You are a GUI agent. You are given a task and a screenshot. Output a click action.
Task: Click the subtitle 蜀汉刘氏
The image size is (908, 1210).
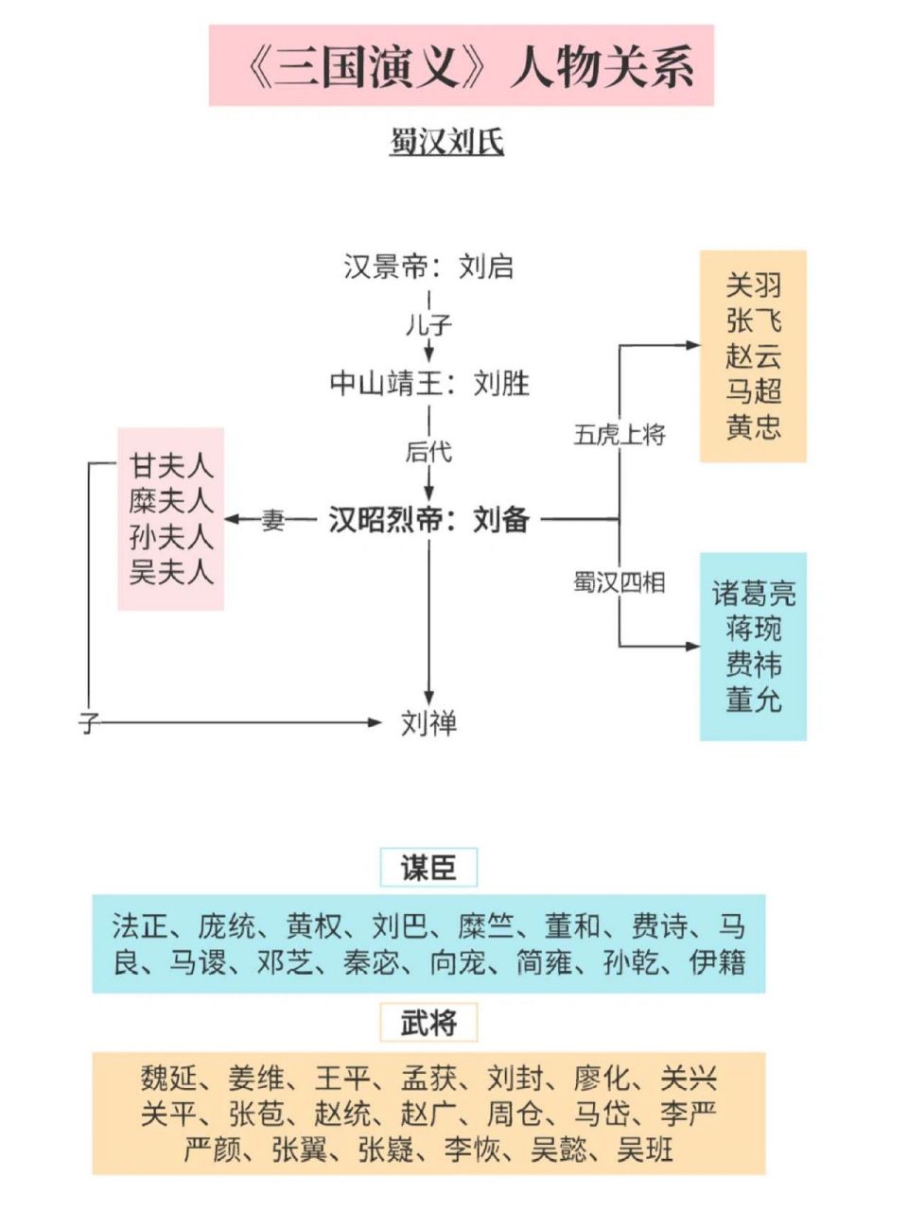click(446, 142)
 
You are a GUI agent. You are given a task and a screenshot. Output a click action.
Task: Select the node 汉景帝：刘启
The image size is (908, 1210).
click(428, 267)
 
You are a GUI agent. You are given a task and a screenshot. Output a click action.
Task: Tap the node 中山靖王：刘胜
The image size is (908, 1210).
click(428, 383)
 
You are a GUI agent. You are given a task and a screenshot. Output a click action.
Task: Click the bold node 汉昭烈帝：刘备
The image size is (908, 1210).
click(428, 519)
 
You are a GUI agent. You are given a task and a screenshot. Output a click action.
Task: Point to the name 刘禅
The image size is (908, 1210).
click(428, 723)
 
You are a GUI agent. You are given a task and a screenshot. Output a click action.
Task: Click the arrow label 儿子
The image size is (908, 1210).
click(428, 325)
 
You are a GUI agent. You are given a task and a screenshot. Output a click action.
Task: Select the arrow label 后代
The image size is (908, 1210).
click(428, 452)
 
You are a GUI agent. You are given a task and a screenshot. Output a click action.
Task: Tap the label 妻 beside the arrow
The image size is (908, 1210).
click(273, 519)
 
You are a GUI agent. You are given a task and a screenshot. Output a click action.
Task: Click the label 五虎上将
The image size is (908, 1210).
click(620, 435)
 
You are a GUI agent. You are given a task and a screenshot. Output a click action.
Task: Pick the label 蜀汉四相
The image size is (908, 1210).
click(620, 582)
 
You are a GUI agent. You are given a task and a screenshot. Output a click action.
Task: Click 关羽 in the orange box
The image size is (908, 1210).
click(753, 285)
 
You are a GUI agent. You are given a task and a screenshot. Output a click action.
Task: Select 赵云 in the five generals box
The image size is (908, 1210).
click(753, 356)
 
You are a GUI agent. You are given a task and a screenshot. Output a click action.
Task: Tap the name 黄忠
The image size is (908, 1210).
click(753, 427)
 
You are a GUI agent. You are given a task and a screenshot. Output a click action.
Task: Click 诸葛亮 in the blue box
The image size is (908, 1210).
click(753, 594)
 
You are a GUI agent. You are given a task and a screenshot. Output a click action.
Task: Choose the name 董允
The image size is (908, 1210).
click(753, 700)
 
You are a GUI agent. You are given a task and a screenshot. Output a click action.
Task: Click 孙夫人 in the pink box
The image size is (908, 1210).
click(171, 537)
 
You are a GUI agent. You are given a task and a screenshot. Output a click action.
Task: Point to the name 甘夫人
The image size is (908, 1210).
click(171, 466)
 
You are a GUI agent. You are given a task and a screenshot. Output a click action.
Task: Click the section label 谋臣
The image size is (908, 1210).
click(428, 867)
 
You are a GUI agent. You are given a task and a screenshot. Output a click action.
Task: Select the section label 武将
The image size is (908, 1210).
click(428, 1022)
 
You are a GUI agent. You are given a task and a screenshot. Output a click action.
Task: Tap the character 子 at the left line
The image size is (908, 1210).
click(89, 724)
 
